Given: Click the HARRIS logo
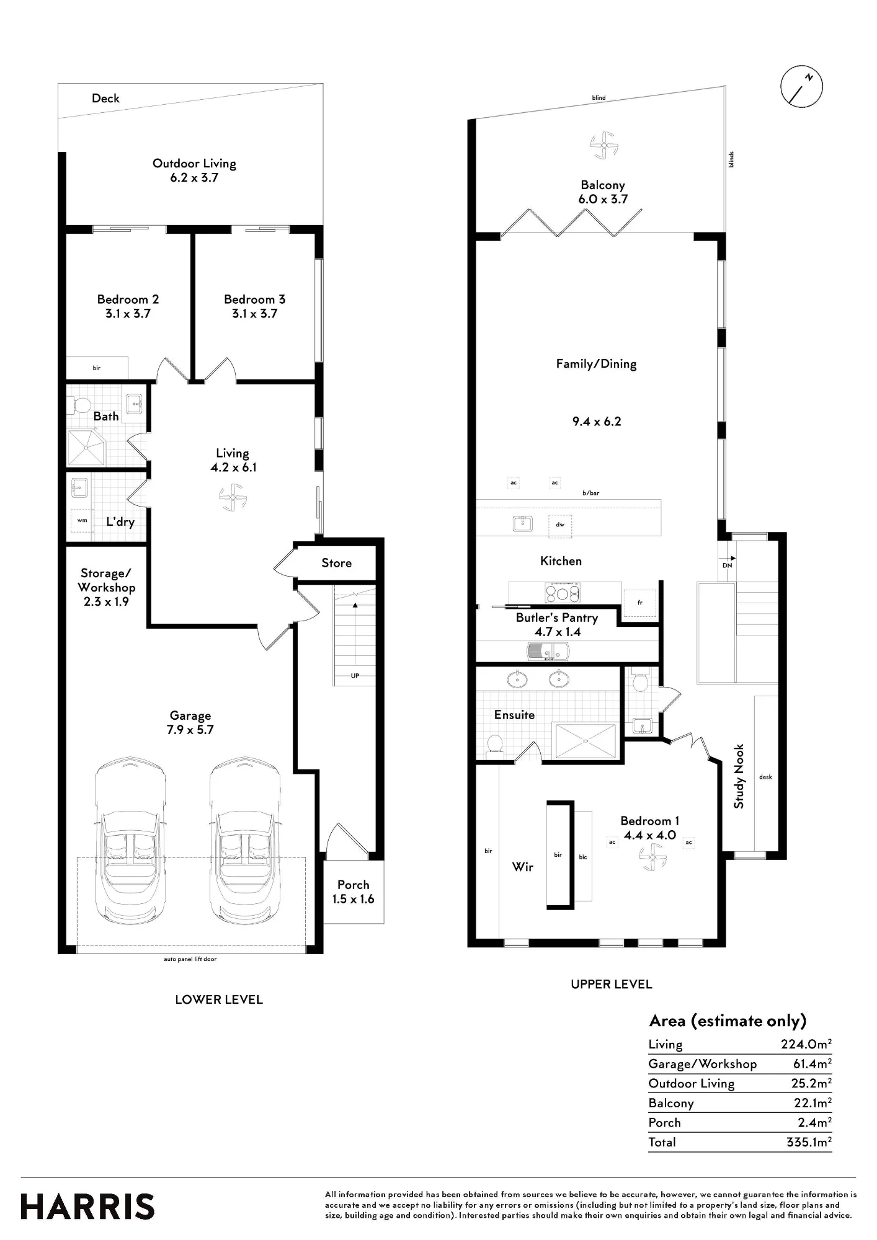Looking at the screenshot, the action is [87, 1207].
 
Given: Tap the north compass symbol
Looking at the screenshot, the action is [801, 86].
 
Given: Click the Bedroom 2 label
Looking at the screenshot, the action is [128, 306].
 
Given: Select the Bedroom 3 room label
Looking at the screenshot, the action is [254, 306].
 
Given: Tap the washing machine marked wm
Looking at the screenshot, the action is [82, 521].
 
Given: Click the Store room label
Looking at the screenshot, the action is [336, 563].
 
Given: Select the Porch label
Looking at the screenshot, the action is [353, 892].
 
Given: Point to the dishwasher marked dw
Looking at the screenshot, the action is [560, 525].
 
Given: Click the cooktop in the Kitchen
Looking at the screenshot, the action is [563, 593].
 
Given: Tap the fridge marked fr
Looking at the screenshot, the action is [639, 603].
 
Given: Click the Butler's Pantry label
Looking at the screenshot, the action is [557, 624].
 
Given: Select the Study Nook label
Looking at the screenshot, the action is [739, 776].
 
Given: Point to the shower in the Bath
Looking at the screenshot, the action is [87, 446].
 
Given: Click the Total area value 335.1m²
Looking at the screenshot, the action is [809, 1142].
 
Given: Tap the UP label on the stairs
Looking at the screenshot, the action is [355, 676].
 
